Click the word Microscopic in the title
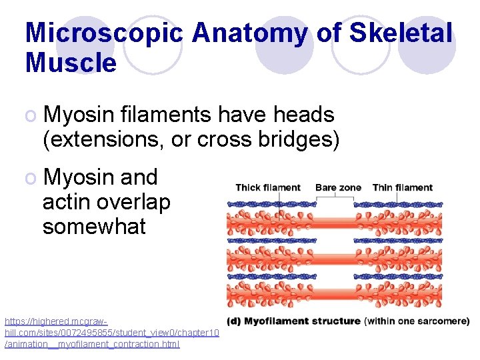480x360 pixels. [103, 33]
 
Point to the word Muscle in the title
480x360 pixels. [71, 63]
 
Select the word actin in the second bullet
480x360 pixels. [68, 201]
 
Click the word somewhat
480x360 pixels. [94, 226]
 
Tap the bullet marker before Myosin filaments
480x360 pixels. [31, 115]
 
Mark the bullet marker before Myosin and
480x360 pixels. [31, 178]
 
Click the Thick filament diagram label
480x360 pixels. [268, 187]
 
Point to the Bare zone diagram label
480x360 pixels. [338, 187]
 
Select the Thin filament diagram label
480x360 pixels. [403, 187]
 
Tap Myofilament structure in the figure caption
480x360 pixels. [303, 321]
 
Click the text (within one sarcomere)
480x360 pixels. [417, 321]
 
